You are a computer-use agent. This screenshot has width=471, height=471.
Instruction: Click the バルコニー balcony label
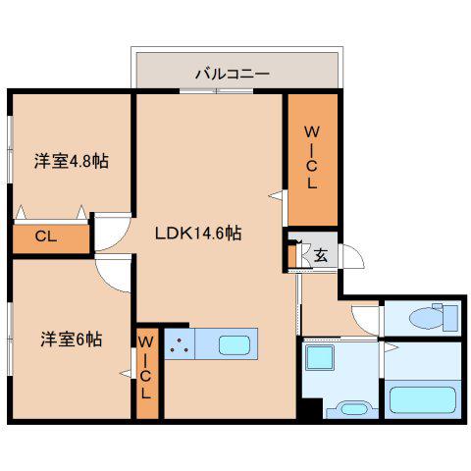pyautogui.click(x=233, y=74)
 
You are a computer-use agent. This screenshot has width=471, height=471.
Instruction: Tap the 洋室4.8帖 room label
pyautogui.click(x=72, y=161)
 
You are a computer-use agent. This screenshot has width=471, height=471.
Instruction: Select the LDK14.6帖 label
pyautogui.click(x=198, y=234)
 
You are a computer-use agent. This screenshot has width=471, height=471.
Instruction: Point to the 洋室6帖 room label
pyautogui.click(x=72, y=340)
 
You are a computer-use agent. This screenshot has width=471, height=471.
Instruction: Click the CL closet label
pyautogui.click(x=46, y=235)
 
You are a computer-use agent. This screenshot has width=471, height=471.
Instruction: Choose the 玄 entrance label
pyautogui.click(x=321, y=255)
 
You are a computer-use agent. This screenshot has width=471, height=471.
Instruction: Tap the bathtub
pyautogui.click(x=423, y=400)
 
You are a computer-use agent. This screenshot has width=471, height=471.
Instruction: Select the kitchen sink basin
pyautogui.click(x=235, y=345)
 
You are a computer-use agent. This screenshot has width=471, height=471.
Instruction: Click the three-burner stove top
pyautogui.click(x=180, y=344)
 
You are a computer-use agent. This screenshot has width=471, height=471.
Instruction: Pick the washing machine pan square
pyautogui.click(x=320, y=357)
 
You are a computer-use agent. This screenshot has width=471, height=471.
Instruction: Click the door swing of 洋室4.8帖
pyautogui.click(x=113, y=232)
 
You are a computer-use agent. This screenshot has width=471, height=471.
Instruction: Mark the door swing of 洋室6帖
pyautogui.click(x=114, y=274)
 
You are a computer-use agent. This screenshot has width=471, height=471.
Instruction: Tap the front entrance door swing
pyautogui.click(x=352, y=256)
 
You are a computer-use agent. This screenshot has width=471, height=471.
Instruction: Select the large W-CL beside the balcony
pyautogui.click(x=313, y=160)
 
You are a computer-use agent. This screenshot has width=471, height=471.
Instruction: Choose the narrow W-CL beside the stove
pyautogui.click(x=147, y=373)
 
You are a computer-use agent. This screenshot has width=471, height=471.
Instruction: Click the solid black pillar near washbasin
pyautogui.click(x=312, y=408)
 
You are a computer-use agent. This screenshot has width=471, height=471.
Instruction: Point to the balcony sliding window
pyautogui.click(x=217, y=91)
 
